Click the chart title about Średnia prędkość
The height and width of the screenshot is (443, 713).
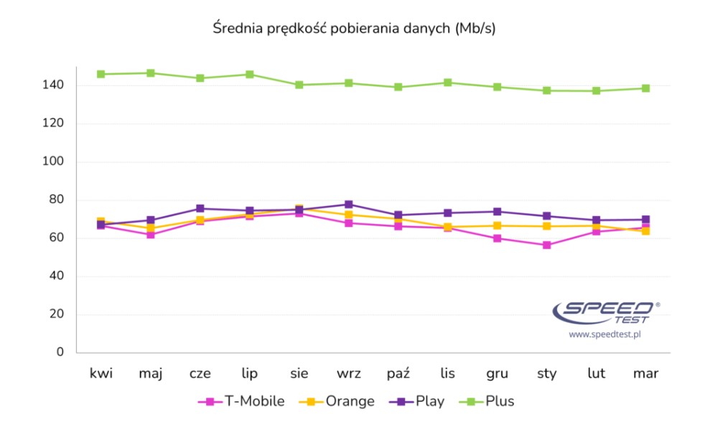(x=354, y=29)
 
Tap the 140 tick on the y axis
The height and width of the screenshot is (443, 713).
(x=54, y=85)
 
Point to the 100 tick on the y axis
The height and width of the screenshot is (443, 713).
(x=54, y=162)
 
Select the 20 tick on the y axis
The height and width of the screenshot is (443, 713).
(x=57, y=314)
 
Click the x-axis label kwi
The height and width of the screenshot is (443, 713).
(x=101, y=373)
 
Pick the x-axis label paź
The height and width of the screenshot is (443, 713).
(x=398, y=373)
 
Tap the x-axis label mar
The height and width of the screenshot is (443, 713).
(x=646, y=373)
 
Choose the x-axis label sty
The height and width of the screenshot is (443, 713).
(x=546, y=373)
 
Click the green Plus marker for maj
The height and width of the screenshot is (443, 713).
(x=151, y=73)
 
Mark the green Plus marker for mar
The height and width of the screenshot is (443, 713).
(x=646, y=88)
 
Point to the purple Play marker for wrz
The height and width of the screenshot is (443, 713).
(x=348, y=205)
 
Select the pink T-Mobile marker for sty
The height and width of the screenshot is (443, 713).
(x=546, y=245)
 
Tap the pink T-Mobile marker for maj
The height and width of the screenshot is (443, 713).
(x=151, y=235)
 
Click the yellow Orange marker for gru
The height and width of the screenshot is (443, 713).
(x=497, y=225)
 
